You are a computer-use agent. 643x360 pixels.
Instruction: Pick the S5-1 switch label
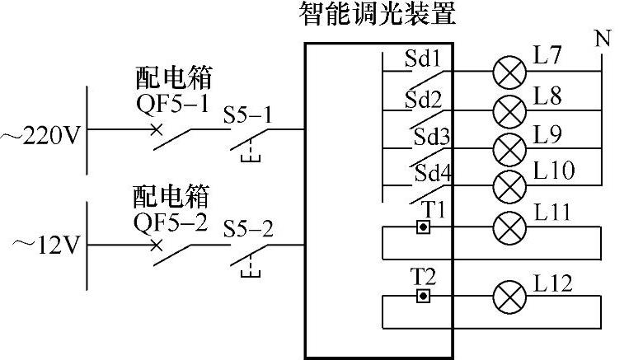click(248, 115)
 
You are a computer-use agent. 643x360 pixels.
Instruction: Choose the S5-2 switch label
click(248, 229)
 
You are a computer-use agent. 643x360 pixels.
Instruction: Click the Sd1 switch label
click(423, 59)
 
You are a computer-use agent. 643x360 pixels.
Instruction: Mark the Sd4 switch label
click(432, 174)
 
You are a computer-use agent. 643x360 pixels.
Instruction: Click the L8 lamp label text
click(547, 96)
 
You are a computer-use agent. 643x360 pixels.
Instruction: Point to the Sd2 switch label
click(424, 100)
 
